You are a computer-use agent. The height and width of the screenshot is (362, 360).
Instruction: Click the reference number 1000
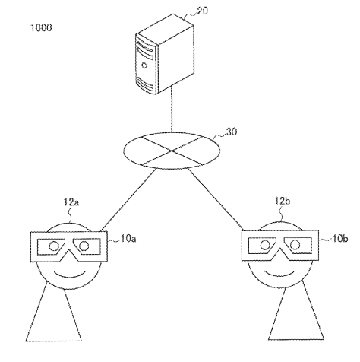pyautogui.click(x=41, y=28)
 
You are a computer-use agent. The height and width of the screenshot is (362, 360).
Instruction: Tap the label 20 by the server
pyautogui.click(x=203, y=11)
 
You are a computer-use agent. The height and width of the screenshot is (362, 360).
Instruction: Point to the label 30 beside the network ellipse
pyautogui.click(x=232, y=132)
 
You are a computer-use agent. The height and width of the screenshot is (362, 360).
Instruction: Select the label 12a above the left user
pyautogui.click(x=71, y=202)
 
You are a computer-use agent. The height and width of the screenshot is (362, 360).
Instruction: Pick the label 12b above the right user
pyautogui.click(x=283, y=201)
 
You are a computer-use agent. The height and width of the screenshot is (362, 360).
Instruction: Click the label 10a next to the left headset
pyautogui.click(x=128, y=239)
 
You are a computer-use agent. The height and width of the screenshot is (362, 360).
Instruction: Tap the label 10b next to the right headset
pyautogui.click(x=339, y=239)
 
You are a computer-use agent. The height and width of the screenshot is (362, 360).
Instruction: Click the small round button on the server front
pyautogui.click(x=144, y=65)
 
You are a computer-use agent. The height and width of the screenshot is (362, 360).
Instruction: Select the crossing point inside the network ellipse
pyautogui.click(x=172, y=151)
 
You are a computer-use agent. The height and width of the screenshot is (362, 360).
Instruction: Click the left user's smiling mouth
pyautogui.click(x=70, y=275)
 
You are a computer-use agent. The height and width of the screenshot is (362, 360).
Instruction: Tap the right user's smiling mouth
pyautogui.click(x=280, y=273)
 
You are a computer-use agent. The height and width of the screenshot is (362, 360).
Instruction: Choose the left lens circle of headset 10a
pyautogui.click(x=54, y=246)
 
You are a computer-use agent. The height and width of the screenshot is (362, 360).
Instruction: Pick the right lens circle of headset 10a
pyautogui.click(x=84, y=246)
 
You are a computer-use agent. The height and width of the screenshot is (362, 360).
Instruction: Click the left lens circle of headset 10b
pyautogui.click(x=265, y=245)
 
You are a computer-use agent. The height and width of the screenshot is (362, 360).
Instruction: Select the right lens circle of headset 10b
pyautogui.click(x=295, y=245)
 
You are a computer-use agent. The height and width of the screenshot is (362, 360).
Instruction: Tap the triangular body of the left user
pyautogui.click(x=54, y=317)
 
